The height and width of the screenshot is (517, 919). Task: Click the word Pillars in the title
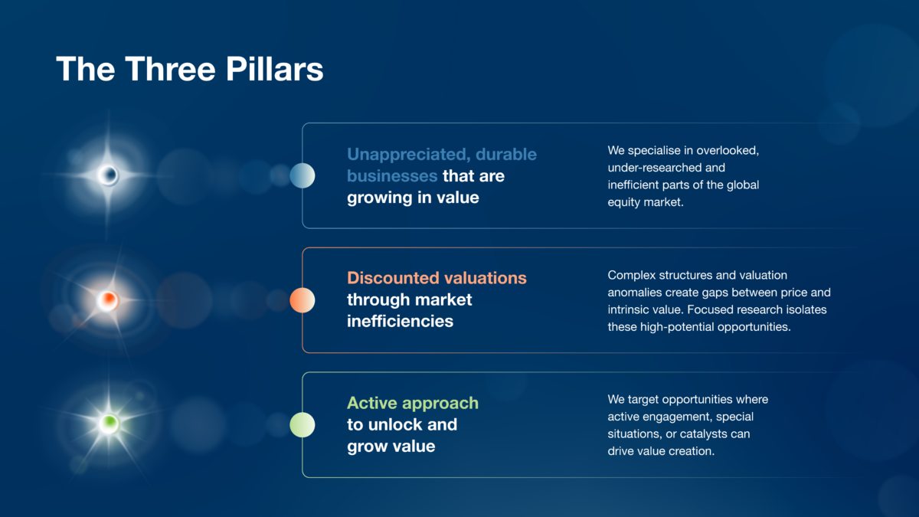(x=274, y=68)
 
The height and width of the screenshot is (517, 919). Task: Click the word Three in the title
(x=170, y=68)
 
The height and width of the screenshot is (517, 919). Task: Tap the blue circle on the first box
(x=303, y=175)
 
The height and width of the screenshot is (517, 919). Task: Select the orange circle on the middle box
(x=303, y=300)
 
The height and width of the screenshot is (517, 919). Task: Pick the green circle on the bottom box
(x=303, y=424)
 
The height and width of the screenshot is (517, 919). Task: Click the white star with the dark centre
(x=108, y=175)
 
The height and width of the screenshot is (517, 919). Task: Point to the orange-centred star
(x=108, y=300)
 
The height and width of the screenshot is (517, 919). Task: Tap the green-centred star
(x=109, y=423)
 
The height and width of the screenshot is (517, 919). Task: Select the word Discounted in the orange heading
(x=393, y=278)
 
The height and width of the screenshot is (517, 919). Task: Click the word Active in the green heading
(x=372, y=403)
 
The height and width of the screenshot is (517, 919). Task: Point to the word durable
(x=506, y=154)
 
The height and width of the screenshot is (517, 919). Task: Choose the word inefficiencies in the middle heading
(x=400, y=321)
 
